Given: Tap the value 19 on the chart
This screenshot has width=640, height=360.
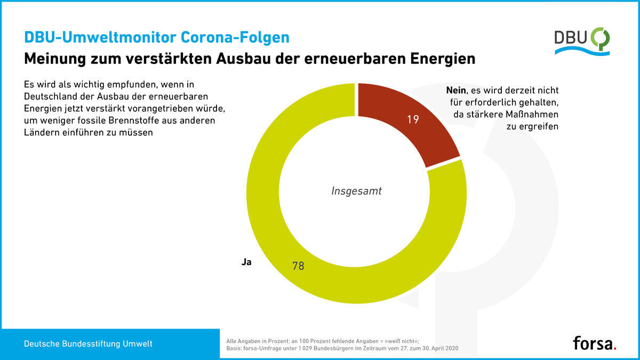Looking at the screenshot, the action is pyautogui.click(x=413, y=119).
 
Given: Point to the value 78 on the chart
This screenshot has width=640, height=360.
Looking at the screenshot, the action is pyautogui.click(x=298, y=266).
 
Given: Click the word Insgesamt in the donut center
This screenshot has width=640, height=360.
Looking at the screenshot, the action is pyautogui.click(x=356, y=191).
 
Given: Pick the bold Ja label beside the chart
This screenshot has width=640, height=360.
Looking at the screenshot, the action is pyautogui.click(x=246, y=262).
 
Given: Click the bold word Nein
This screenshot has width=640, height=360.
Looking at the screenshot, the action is pyautogui.click(x=456, y=90).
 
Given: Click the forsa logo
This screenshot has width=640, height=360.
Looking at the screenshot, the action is pyautogui.click(x=595, y=343).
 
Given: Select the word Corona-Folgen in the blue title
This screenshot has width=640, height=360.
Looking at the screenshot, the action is pyautogui.click(x=235, y=37).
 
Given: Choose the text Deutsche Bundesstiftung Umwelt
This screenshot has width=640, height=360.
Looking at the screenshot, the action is pyautogui.click(x=88, y=343).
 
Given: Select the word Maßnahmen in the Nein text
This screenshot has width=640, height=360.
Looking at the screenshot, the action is pyautogui.click(x=532, y=115).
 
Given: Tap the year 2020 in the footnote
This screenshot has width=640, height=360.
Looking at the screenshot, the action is pyautogui.click(x=452, y=349).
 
